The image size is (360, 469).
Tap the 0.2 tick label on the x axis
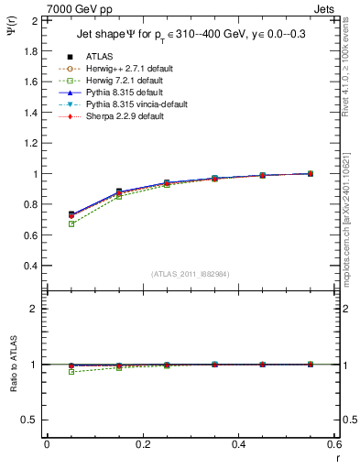143,443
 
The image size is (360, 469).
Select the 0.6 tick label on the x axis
334,443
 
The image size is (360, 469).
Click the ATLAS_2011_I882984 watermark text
190,274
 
